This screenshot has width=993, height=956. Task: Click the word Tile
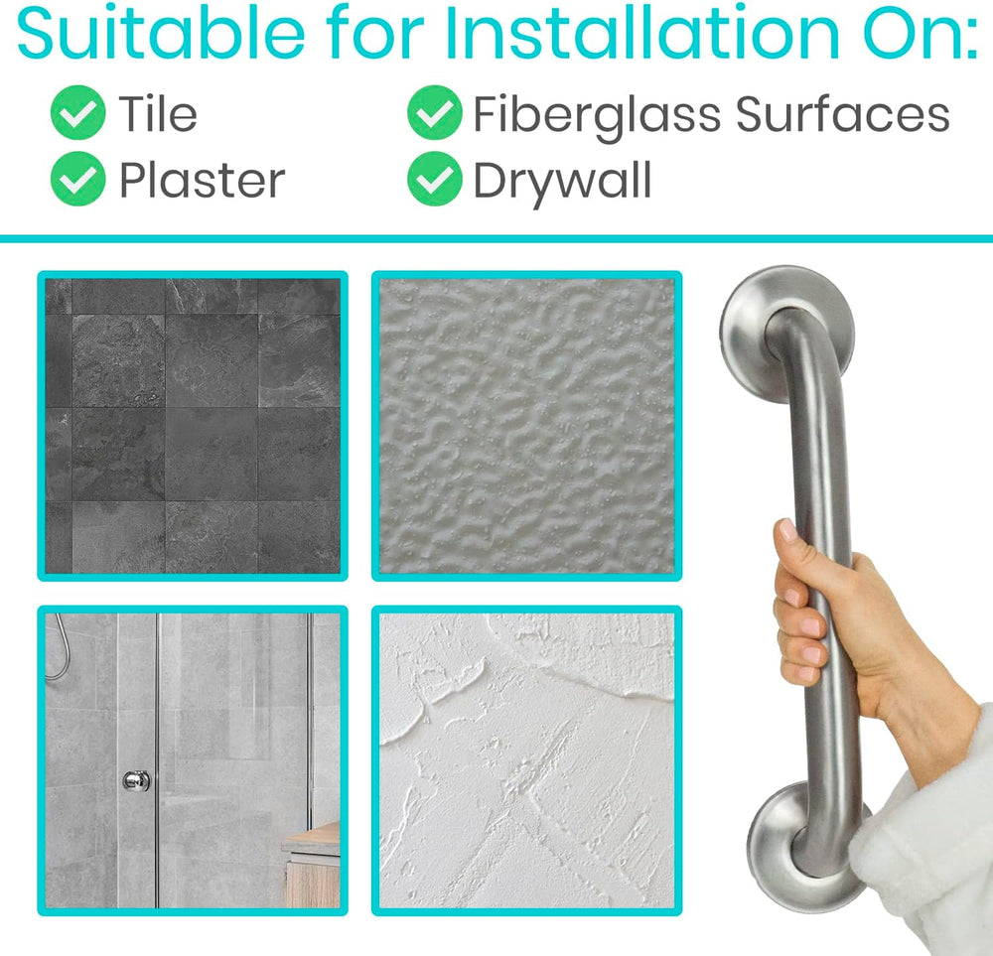[x=158, y=113]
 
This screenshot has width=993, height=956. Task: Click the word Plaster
[x=202, y=180]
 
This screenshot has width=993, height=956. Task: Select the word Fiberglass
[x=597, y=116]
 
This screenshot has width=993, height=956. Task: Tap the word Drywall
[x=562, y=182]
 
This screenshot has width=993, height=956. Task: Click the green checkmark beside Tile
[x=77, y=113]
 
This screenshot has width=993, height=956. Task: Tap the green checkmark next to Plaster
[x=77, y=179]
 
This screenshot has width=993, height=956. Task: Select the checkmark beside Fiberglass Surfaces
[x=435, y=113]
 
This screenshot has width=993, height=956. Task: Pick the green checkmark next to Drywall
[x=435, y=179]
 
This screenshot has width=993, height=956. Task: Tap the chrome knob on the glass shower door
[x=136, y=780]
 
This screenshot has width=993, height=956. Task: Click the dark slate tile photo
[x=193, y=426]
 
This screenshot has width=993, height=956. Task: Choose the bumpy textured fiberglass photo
[x=527, y=426]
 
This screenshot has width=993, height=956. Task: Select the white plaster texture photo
[x=527, y=760]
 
